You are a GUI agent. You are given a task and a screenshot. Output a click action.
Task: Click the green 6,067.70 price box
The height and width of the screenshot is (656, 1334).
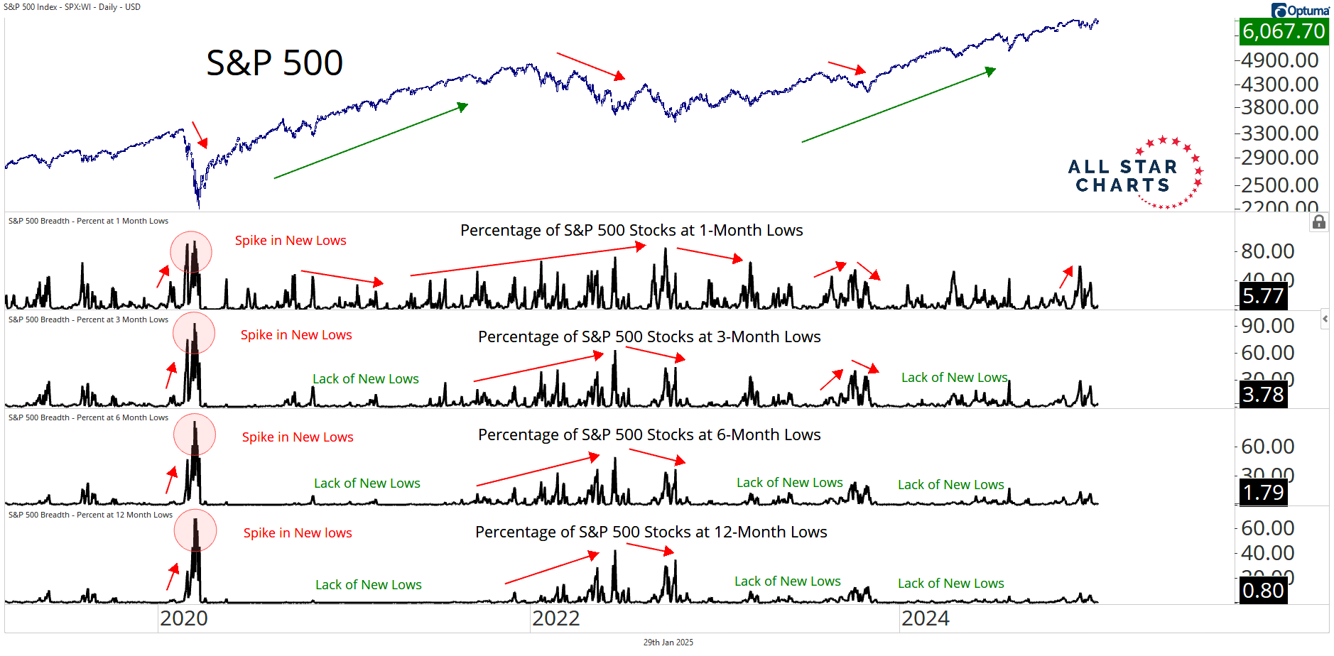pyautogui.click(x=1284, y=31)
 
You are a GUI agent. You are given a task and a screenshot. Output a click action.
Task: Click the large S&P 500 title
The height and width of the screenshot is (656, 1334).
pyautogui.click(x=274, y=62)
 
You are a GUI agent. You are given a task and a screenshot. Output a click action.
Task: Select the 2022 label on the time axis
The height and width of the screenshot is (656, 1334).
pyautogui.click(x=555, y=618)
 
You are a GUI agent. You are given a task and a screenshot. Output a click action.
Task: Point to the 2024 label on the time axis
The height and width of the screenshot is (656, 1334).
pyautogui.click(x=925, y=618)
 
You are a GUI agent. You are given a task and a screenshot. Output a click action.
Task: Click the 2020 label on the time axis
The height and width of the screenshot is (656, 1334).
pyautogui.click(x=183, y=618)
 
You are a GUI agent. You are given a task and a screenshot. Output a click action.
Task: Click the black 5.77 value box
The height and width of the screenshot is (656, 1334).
pyautogui.click(x=1263, y=295)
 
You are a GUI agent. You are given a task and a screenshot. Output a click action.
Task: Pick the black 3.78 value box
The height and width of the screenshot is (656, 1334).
pyautogui.click(x=1263, y=394)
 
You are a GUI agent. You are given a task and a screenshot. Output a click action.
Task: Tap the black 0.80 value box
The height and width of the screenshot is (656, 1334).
pyautogui.click(x=1263, y=590)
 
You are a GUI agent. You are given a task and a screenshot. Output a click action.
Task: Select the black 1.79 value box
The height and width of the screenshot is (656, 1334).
pyautogui.click(x=1263, y=492)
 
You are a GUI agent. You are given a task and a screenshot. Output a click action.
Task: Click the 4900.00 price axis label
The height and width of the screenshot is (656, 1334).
pyautogui.click(x=1279, y=60)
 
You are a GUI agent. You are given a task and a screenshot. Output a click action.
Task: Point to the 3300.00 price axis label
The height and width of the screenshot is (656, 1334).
pyautogui.click(x=1279, y=133)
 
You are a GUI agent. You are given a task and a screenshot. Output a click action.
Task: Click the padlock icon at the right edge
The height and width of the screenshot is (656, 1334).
pyautogui.click(x=1319, y=222)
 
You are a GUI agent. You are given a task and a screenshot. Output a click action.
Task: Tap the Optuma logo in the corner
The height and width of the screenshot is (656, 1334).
pyautogui.click(x=1300, y=10)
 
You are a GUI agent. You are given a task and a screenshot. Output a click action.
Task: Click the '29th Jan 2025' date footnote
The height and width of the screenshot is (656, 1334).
pyautogui.click(x=668, y=643)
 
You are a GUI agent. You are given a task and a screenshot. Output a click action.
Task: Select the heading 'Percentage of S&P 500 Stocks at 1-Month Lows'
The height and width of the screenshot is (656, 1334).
pyautogui.click(x=631, y=230)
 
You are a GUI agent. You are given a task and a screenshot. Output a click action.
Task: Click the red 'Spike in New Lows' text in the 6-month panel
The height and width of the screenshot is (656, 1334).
pyautogui.click(x=298, y=437)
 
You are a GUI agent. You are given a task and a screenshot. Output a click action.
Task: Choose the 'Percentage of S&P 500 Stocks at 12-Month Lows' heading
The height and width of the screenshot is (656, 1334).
pyautogui.click(x=651, y=532)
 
